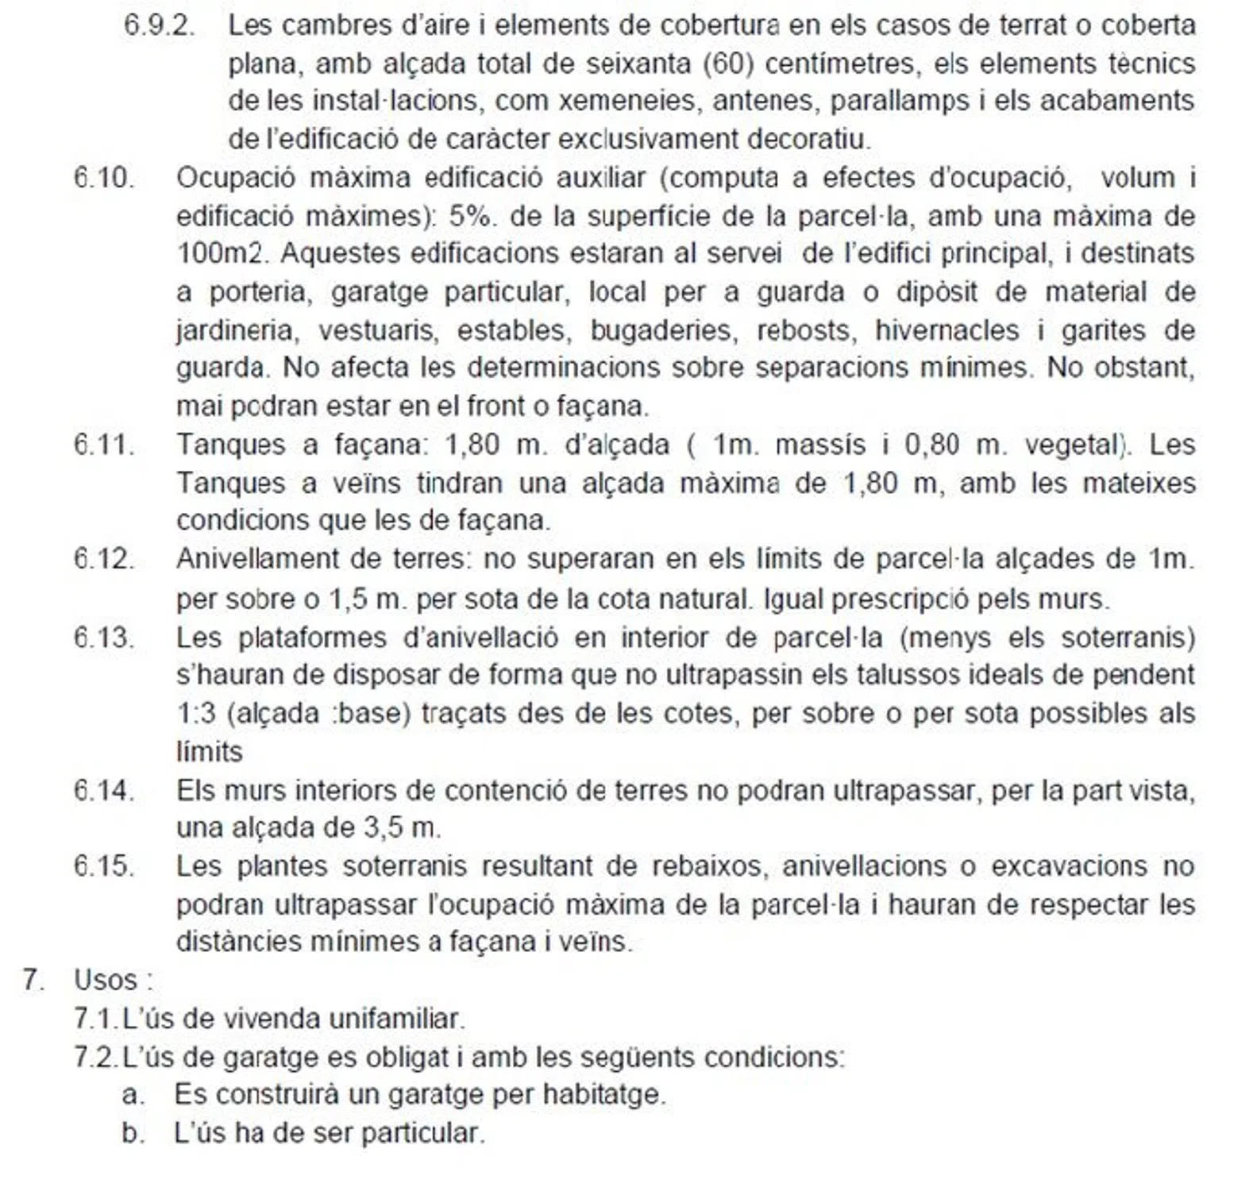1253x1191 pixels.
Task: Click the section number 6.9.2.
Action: pos(159,25)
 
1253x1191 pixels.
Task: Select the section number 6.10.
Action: pos(104,177)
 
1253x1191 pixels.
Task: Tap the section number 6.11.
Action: pos(104,444)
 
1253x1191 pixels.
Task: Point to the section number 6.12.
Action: pos(104,559)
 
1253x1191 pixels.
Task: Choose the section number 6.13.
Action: pos(104,637)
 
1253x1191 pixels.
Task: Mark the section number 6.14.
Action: pos(104,790)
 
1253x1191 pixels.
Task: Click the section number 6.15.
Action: pos(104,865)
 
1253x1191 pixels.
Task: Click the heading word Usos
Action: pos(106,980)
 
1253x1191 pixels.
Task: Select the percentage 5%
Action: pos(468,216)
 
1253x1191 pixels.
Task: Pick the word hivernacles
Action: pos(946,330)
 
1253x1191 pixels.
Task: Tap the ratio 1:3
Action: pos(195,713)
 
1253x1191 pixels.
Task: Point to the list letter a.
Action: pos(132,1095)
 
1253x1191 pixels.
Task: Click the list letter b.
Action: pos(132,1133)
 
